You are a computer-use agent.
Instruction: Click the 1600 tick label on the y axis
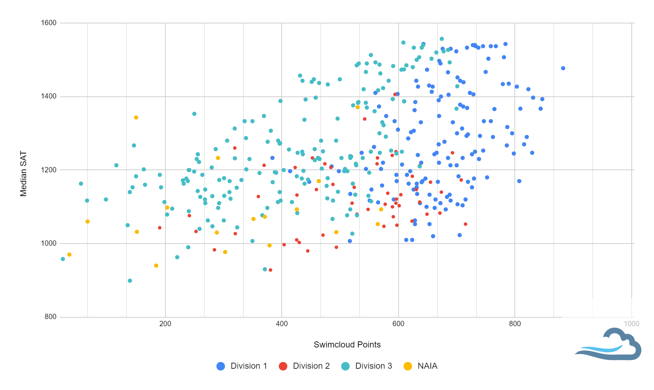[49, 23]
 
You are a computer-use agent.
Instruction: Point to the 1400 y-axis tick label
[49, 96]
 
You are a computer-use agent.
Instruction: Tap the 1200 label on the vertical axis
[49, 170]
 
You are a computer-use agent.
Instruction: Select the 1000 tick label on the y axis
[49, 244]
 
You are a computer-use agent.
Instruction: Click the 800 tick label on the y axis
[50, 317]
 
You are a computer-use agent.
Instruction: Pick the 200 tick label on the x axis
[165, 324]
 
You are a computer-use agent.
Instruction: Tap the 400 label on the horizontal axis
[282, 324]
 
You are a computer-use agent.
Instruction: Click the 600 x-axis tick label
[398, 324]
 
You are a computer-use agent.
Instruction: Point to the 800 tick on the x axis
[515, 324]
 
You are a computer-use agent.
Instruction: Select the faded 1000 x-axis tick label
[631, 324]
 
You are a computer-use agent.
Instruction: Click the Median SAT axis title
[23, 174]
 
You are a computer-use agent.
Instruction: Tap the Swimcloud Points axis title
[347, 345]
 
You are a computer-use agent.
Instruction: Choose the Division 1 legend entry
[242, 366]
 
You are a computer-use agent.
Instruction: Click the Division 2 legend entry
[304, 366]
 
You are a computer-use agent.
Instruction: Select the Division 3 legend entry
[367, 366]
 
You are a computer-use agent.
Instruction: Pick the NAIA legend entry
[421, 366]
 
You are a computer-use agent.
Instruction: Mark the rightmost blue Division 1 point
[563, 68]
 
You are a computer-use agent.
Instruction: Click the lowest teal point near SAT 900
[130, 281]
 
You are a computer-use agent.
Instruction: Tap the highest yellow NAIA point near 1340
[136, 118]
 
